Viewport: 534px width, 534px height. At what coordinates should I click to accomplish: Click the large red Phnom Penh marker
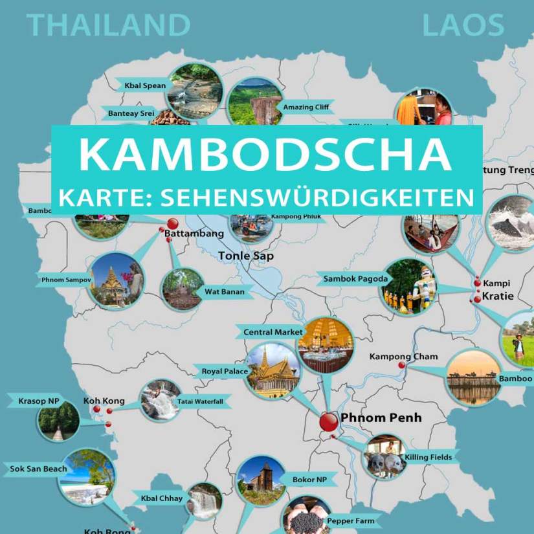[329, 421]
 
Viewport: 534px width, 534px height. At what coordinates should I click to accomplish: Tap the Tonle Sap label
[245, 256]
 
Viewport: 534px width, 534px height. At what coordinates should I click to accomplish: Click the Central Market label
[273, 332]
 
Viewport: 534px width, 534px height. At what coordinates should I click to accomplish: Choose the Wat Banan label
[224, 292]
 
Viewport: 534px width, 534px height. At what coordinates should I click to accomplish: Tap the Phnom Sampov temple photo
[117, 280]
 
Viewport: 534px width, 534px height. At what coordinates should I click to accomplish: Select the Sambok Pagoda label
[355, 279]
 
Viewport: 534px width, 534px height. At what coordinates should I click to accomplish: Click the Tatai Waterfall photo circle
[160, 401]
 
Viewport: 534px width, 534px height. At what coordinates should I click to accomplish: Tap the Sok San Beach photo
[86, 477]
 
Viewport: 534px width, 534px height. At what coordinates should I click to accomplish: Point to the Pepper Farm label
[350, 520]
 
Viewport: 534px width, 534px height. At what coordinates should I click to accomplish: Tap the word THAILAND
[109, 25]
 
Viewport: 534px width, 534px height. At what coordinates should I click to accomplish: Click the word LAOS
[463, 25]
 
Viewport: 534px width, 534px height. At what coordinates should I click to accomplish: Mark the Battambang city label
[194, 233]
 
